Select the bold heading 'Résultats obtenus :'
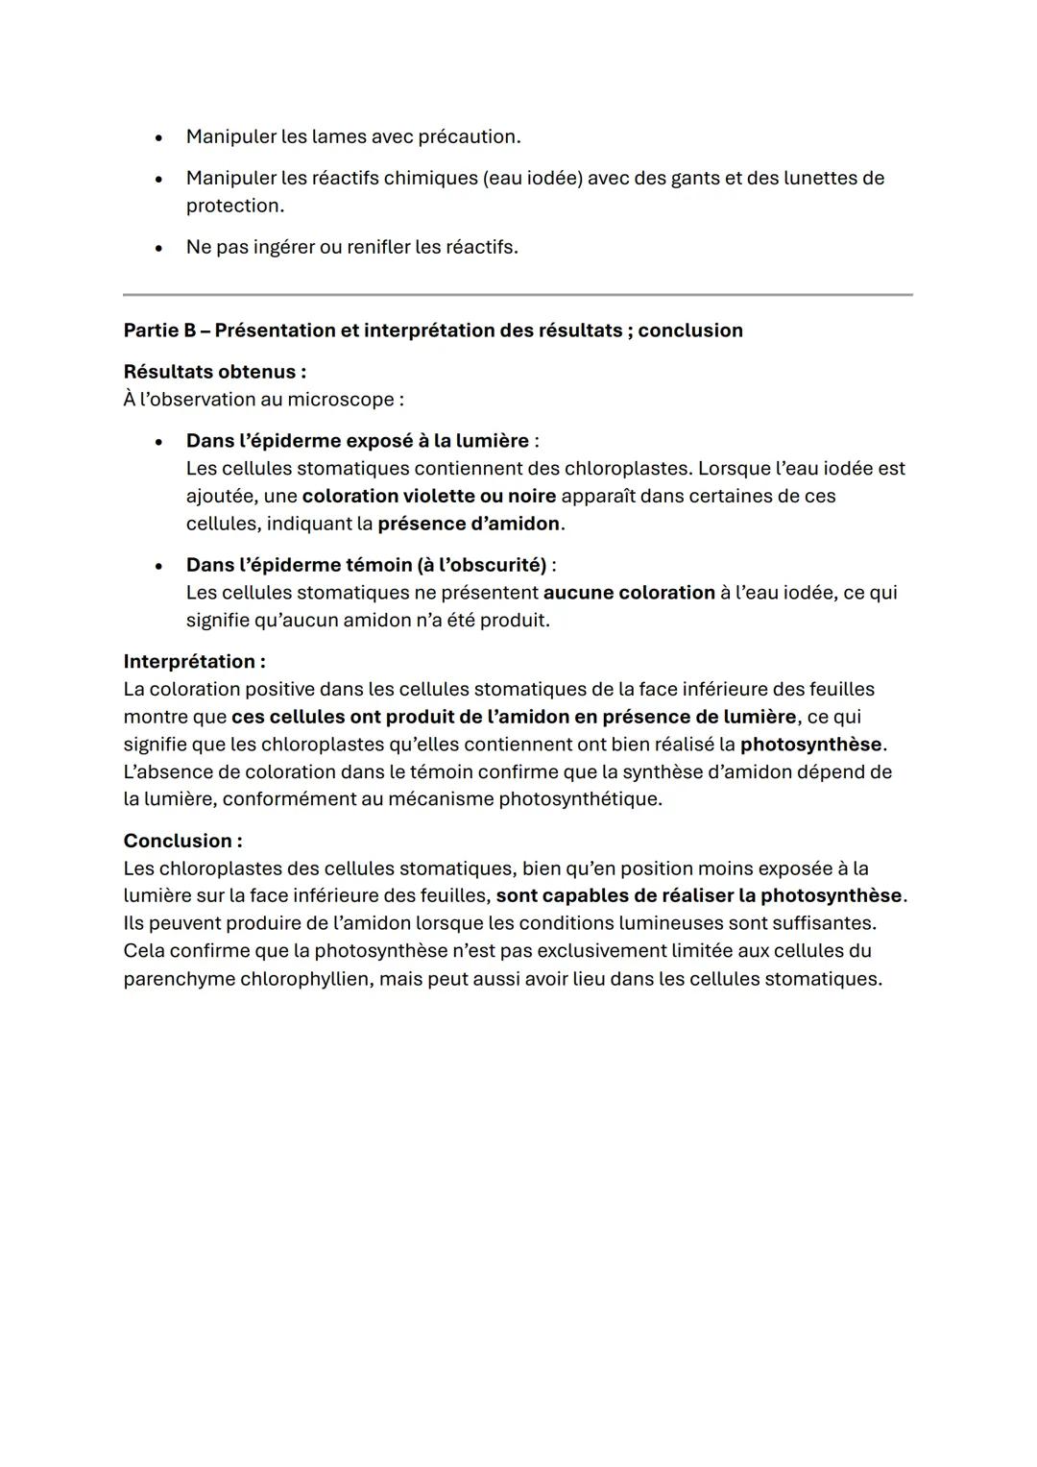click(215, 372)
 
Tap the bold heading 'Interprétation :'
click(194, 662)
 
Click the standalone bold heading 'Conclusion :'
click(182, 842)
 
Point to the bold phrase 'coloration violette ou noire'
click(428, 497)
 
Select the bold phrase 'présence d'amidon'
click(468, 525)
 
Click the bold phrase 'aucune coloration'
click(628, 593)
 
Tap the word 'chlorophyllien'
click(303, 980)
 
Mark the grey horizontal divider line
click(518, 295)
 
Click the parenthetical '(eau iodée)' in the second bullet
click(533, 179)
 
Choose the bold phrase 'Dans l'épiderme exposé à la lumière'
click(357, 441)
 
